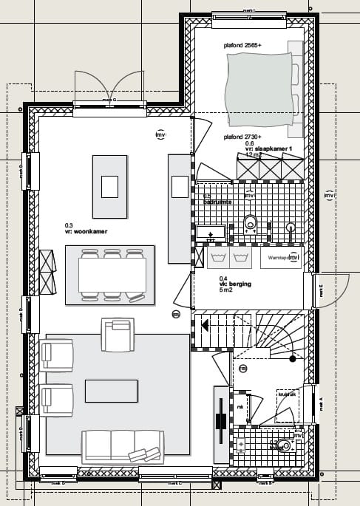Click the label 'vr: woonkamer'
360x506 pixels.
(x=86, y=232)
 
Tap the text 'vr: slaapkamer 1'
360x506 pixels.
(x=270, y=148)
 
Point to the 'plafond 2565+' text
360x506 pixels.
(x=244, y=45)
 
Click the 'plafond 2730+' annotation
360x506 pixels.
(x=244, y=137)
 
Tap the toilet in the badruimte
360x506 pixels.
(x=250, y=222)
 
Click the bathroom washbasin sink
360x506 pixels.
(x=211, y=233)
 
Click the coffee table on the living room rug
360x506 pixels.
(x=111, y=391)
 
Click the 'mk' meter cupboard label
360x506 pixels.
(x=240, y=407)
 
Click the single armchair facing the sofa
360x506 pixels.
(x=118, y=335)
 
